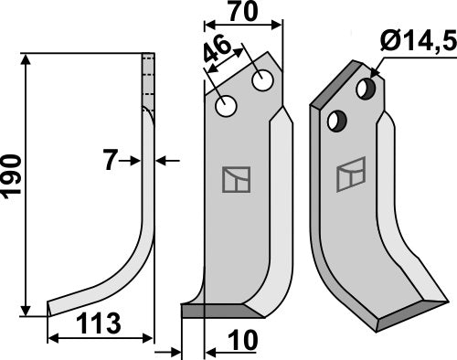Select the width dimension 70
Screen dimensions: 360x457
242,16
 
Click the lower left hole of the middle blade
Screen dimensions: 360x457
226,108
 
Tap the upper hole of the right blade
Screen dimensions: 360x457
367,89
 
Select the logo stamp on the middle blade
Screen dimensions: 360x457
236,179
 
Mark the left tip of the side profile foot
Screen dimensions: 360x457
48,309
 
